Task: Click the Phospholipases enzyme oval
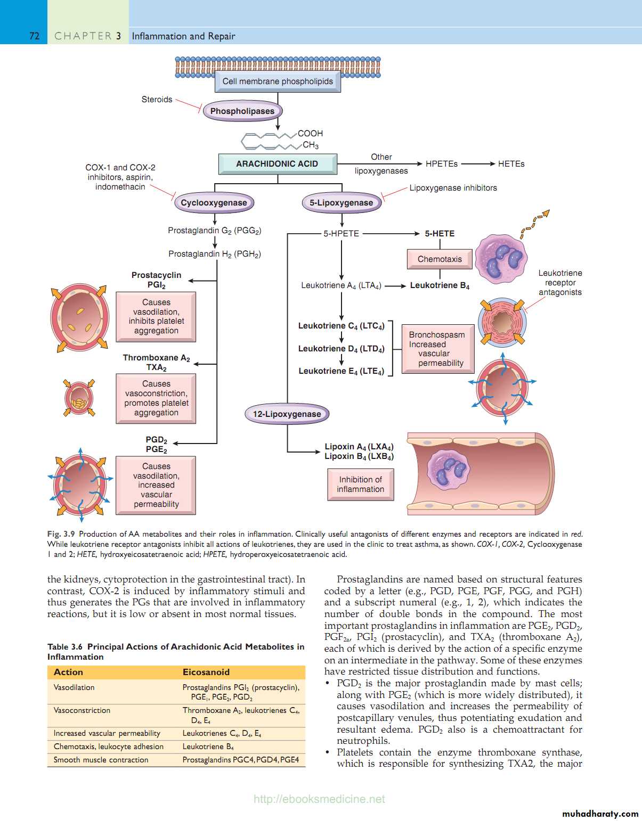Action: coord(242,111)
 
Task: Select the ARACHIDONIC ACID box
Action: coord(277,164)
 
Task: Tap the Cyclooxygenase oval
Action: coord(214,203)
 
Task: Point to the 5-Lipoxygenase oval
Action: coord(341,203)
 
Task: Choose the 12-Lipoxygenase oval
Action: coord(287,414)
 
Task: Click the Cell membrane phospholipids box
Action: coord(278,81)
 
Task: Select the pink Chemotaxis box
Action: coord(440,259)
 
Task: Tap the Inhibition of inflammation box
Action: coord(360,485)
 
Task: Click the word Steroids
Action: coord(157,100)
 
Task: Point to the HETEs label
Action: coord(511,164)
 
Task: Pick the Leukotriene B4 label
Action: coord(440,286)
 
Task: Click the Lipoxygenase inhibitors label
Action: coord(453,188)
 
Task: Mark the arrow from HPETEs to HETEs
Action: coord(478,164)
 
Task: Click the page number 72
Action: coord(35,36)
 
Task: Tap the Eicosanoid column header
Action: coord(206,672)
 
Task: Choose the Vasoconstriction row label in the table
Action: coord(82,711)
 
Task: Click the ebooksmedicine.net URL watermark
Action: coord(319,799)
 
